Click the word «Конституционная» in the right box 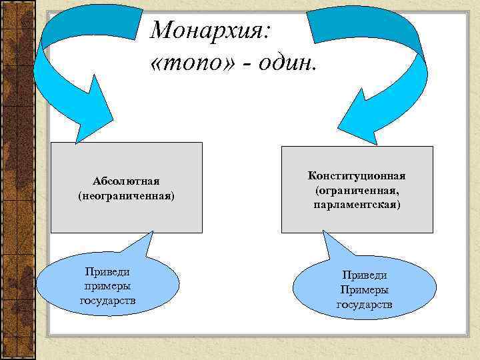tap(357, 175)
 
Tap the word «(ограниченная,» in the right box tap(357, 190)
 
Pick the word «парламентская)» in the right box tap(357, 205)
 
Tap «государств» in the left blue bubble tap(107, 300)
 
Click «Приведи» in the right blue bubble tap(364, 275)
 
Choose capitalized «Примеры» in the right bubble tap(364, 289)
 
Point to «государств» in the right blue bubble tap(364, 305)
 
